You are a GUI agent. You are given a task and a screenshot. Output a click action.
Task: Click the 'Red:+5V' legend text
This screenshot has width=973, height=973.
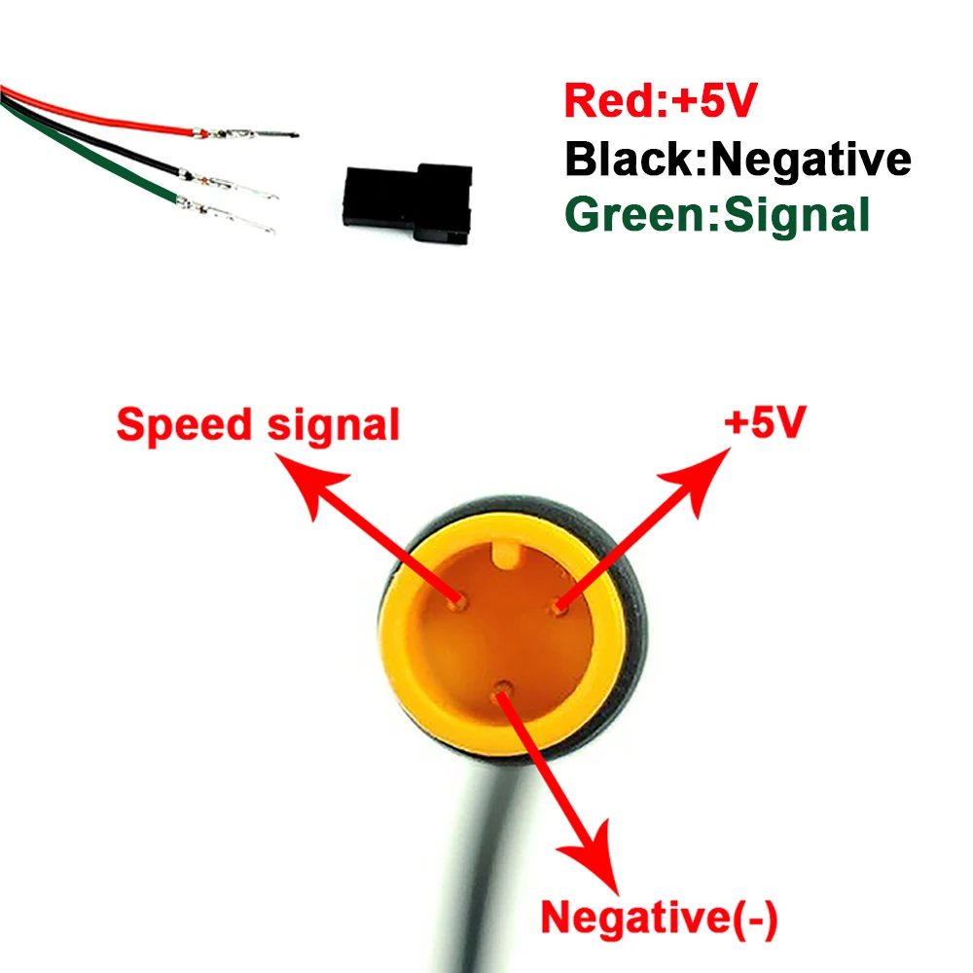660,101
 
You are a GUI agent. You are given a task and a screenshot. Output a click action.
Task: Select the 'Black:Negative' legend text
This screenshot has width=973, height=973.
738,158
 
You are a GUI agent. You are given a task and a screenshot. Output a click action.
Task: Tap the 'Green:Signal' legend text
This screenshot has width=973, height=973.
717,214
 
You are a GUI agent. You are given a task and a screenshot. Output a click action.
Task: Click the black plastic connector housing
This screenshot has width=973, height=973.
409,201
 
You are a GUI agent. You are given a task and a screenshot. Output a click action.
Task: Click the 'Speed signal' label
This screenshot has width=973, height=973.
258,425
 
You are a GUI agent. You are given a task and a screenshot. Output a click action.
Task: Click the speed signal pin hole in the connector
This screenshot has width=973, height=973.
455,603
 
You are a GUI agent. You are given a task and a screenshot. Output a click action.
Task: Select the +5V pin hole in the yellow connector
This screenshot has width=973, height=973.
559,608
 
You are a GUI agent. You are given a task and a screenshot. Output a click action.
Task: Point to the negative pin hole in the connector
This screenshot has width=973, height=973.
502,690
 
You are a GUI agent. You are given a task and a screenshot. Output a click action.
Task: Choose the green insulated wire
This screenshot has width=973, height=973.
97,161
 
